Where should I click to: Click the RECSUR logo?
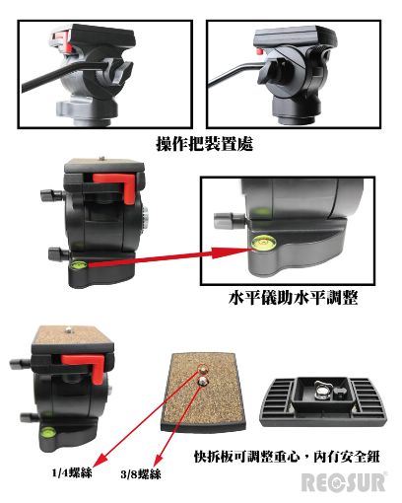pyautogui.click(x=344, y=482)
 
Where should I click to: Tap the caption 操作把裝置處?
pyautogui.click(x=205, y=144)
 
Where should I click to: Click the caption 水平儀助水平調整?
pyautogui.click(x=294, y=298)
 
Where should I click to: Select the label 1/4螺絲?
pyautogui.click(x=72, y=472)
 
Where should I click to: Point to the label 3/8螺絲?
pyautogui.click(x=141, y=474)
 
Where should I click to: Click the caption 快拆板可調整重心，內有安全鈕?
pyautogui.click(x=287, y=457)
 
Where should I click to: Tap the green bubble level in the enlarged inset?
pyautogui.click(x=259, y=243)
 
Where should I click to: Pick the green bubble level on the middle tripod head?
pyautogui.click(x=78, y=264)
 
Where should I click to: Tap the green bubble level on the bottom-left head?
pyautogui.click(x=47, y=432)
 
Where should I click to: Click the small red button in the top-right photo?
pyautogui.click(x=261, y=51)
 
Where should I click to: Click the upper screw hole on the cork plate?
pyautogui.click(x=203, y=370)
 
